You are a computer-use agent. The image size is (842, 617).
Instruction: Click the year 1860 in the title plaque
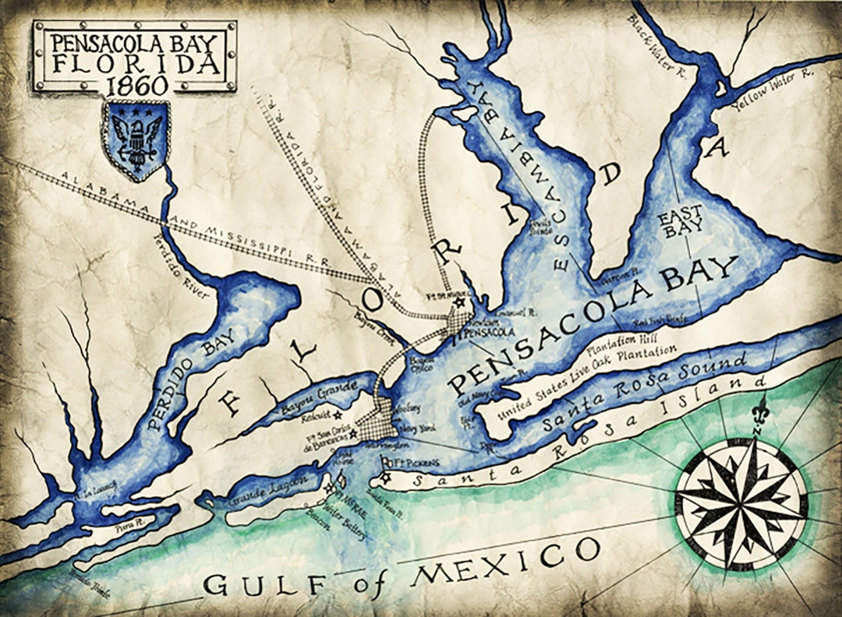pyautogui.click(x=134, y=85)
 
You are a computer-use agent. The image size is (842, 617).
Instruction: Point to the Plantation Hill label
pyautogui.click(x=621, y=340)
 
